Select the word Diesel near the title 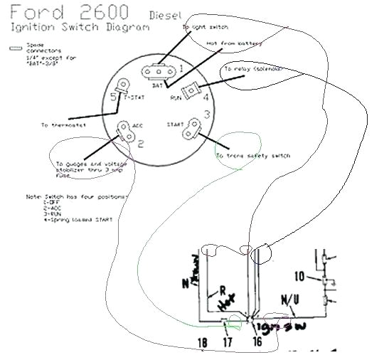(x=166, y=15)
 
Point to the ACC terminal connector (x=123, y=130)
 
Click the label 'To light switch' (x=205, y=27)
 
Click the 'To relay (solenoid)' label (x=252, y=69)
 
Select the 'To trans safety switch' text (x=253, y=155)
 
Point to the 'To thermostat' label (x=63, y=125)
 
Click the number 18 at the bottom (x=202, y=343)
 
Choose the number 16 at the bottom (x=255, y=343)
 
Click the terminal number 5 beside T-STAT (x=114, y=97)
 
